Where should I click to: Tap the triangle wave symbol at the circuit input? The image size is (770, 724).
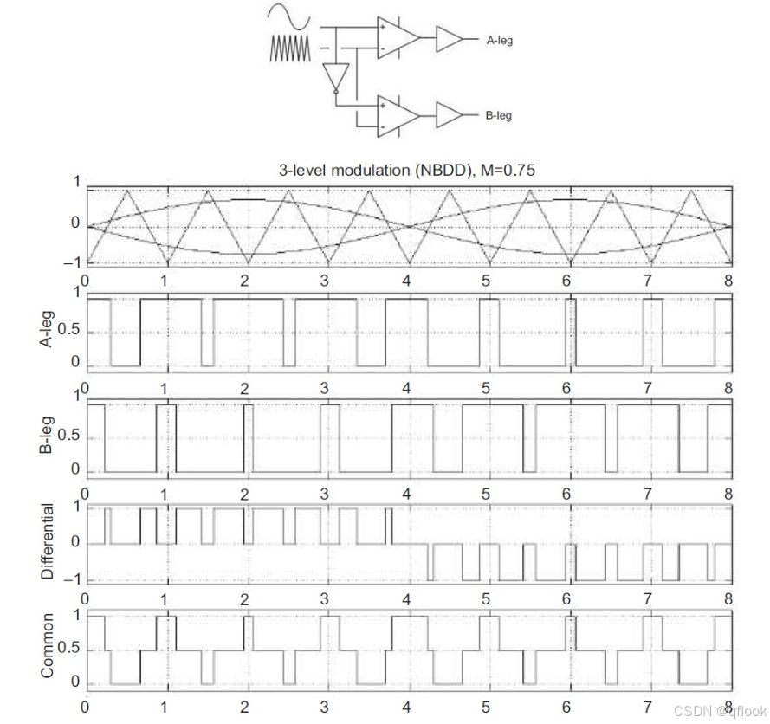click(x=289, y=50)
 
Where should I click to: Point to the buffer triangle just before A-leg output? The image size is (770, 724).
click(x=450, y=39)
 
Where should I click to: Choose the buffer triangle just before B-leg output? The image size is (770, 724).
click(x=450, y=114)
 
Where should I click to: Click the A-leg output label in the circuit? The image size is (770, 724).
click(x=500, y=40)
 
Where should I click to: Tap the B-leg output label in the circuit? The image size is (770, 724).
click(x=500, y=115)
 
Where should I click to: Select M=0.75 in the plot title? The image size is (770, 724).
click(x=510, y=171)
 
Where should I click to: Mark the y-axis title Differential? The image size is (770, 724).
click(x=49, y=543)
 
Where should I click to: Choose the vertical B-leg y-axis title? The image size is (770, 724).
click(x=49, y=436)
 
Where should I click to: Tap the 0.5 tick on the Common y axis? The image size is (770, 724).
click(x=69, y=650)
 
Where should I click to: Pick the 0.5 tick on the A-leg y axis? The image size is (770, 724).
click(x=69, y=331)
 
